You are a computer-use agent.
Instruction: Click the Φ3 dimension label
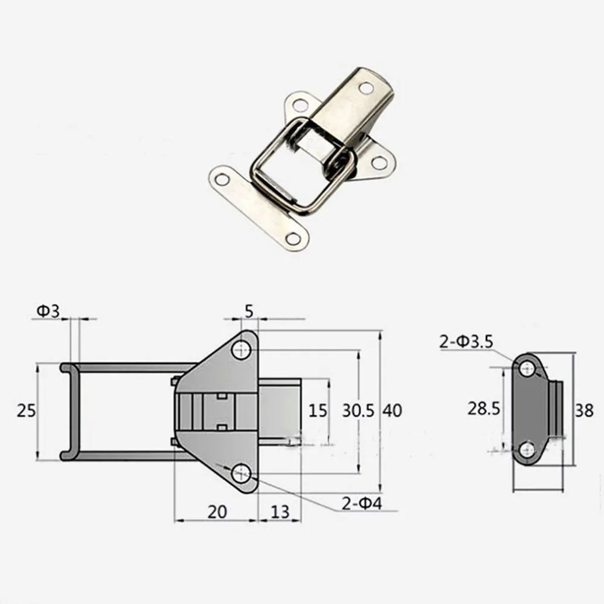pyautogui.click(x=48, y=311)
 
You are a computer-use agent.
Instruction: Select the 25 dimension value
pyautogui.click(x=26, y=410)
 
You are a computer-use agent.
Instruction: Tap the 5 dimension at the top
pyautogui.click(x=249, y=311)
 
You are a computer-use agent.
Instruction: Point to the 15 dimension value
pyautogui.click(x=318, y=410)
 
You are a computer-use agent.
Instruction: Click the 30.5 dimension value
pyautogui.click(x=358, y=410)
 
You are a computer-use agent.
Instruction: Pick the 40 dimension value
pyautogui.click(x=392, y=410)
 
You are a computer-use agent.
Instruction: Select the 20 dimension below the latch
pyautogui.click(x=217, y=512)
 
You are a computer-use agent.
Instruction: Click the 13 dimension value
pyautogui.click(x=280, y=512)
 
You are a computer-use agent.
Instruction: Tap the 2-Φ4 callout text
pyautogui.click(x=362, y=503)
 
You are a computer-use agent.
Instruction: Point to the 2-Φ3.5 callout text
pyautogui.click(x=466, y=342)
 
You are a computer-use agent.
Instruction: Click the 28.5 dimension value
pyautogui.click(x=484, y=408)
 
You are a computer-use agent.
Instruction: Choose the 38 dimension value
pyautogui.click(x=584, y=410)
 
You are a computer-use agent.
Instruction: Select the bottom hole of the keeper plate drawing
pyautogui.click(x=526, y=450)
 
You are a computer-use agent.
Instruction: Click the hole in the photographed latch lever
pyautogui.click(x=366, y=88)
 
